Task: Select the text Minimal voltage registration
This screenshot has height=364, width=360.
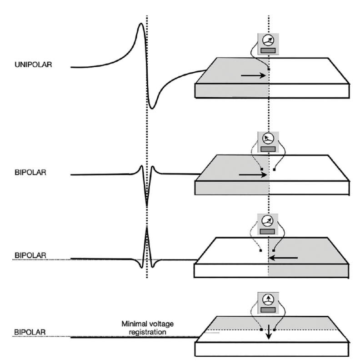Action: [x=141, y=327]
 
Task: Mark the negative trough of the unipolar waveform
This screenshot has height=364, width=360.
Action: [x=152, y=108]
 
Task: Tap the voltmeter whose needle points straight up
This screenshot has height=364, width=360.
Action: [x=268, y=303]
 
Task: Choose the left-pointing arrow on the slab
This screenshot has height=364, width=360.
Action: [x=283, y=258]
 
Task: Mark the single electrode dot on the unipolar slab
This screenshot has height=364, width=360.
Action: [x=268, y=69]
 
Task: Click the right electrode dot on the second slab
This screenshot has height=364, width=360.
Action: [x=275, y=170]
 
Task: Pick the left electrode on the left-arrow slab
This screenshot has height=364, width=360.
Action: [x=261, y=249]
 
